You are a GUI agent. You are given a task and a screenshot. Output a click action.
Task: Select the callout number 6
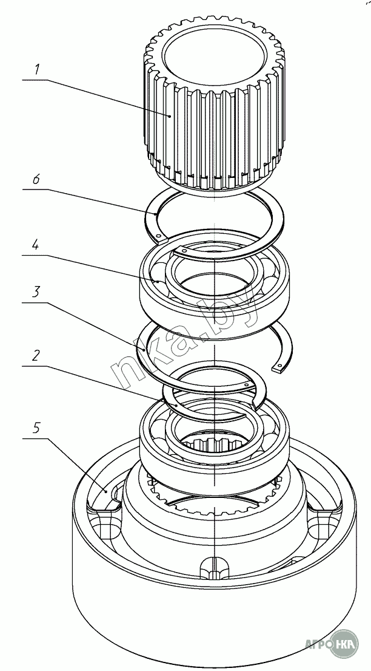pos(36,180)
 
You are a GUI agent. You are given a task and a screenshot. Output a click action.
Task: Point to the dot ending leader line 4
pos(156,281)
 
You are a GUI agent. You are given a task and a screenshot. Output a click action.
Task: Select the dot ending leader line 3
pos(144,350)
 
